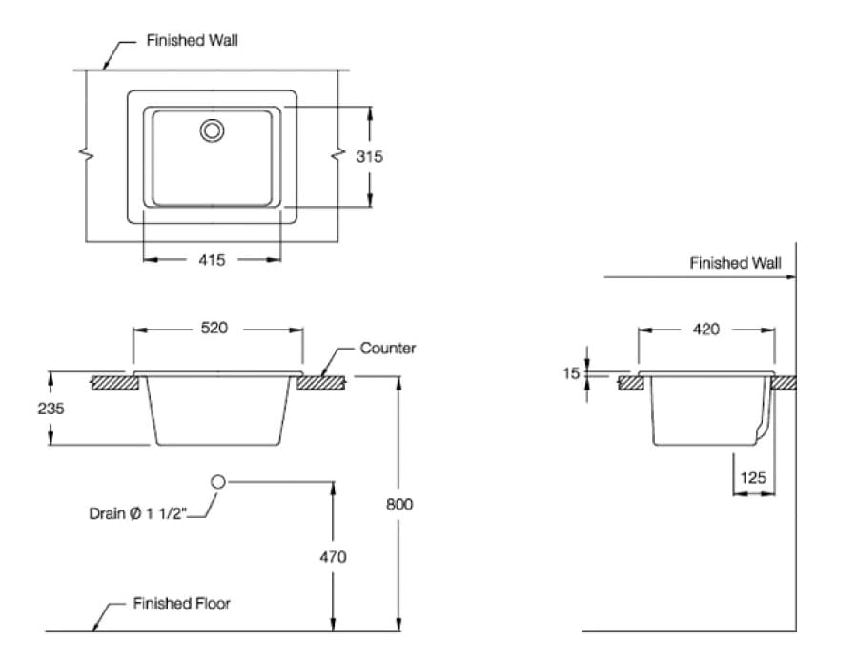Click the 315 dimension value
pyautogui.click(x=370, y=157)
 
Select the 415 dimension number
pyautogui.click(x=213, y=259)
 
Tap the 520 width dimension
pyautogui.click(x=214, y=328)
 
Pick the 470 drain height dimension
pyautogui.click(x=333, y=557)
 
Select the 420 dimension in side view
pyautogui.click(x=706, y=330)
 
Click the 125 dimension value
pyautogui.click(x=752, y=478)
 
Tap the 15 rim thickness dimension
pyautogui.click(x=571, y=374)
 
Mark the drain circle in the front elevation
pyautogui.click(x=217, y=482)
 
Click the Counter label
pyautogui.click(x=387, y=349)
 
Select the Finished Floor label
pyautogui.click(x=181, y=603)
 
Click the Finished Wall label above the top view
pyautogui.click(x=192, y=41)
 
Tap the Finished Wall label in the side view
pyautogui.click(x=735, y=263)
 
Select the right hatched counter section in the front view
pyautogui.click(x=322, y=384)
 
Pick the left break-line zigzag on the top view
pyautogui.click(x=88, y=156)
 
